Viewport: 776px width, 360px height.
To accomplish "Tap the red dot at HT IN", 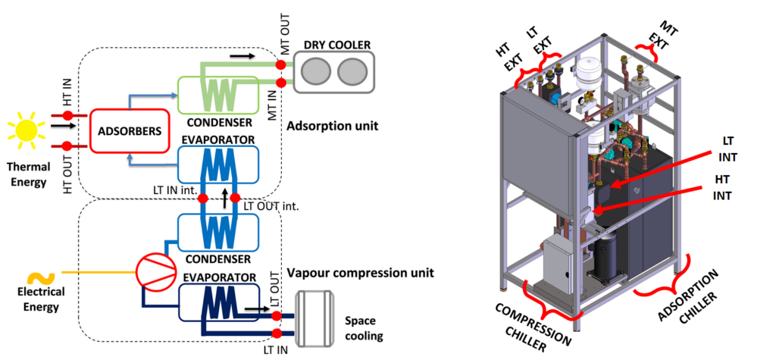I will (x=67, y=117).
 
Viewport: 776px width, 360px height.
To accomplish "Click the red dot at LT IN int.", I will (x=202, y=199).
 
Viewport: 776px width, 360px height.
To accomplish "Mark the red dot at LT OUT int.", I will (x=235, y=199).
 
